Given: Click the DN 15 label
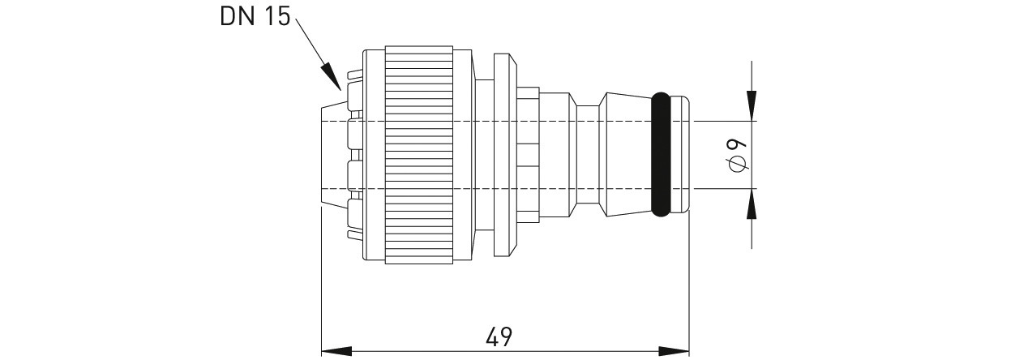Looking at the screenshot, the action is (x=255, y=17).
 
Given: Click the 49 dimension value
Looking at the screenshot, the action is (x=499, y=336).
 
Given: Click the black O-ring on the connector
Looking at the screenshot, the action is (x=661, y=154).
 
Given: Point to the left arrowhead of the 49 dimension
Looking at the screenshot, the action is (x=336, y=351).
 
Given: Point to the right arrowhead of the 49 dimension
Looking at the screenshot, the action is (x=674, y=351).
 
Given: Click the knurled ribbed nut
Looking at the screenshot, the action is (x=419, y=155).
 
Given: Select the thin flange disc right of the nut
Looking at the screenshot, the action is (x=505, y=155).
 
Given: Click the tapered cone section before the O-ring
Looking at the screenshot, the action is (x=625, y=154).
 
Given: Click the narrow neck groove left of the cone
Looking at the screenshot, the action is (x=588, y=154).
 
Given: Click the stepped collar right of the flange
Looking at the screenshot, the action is (x=529, y=155).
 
